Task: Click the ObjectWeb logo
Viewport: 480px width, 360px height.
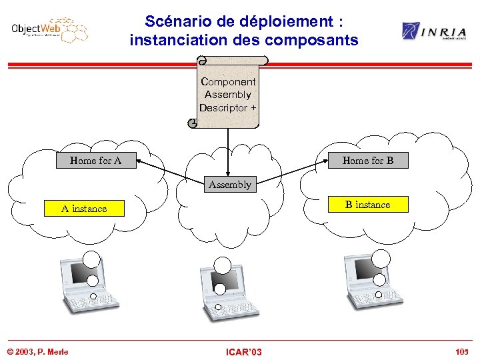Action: [x=48, y=31]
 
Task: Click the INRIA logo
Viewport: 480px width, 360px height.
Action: [x=434, y=31]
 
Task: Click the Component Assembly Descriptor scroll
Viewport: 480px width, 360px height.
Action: [x=228, y=93]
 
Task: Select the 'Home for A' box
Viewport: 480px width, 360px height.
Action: [x=95, y=160]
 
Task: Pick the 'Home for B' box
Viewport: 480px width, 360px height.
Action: [x=367, y=160]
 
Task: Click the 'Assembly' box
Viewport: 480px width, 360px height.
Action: [x=229, y=184]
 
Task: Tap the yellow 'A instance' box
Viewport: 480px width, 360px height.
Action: [x=84, y=208]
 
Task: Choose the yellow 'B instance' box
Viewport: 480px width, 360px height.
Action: [x=367, y=204]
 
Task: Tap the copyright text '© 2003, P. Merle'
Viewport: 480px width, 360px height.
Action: [x=38, y=351]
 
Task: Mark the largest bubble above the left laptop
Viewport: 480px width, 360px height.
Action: [x=92, y=259]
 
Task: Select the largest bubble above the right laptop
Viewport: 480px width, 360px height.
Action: [x=381, y=259]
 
